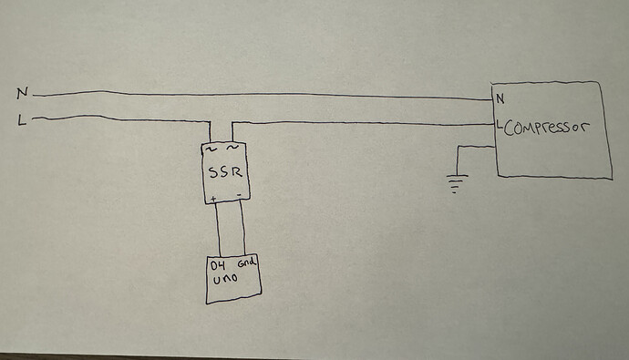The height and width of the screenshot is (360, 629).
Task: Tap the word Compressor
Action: (544, 127)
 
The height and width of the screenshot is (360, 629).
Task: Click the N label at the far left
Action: (22, 92)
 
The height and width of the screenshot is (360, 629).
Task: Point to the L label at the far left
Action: (22, 118)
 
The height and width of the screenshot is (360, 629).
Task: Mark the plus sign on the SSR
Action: (213, 198)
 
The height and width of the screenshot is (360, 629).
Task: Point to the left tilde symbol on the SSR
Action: (213, 147)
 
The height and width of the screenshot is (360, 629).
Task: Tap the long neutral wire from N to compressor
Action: (264, 94)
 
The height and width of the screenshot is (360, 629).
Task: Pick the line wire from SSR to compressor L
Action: (365, 123)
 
